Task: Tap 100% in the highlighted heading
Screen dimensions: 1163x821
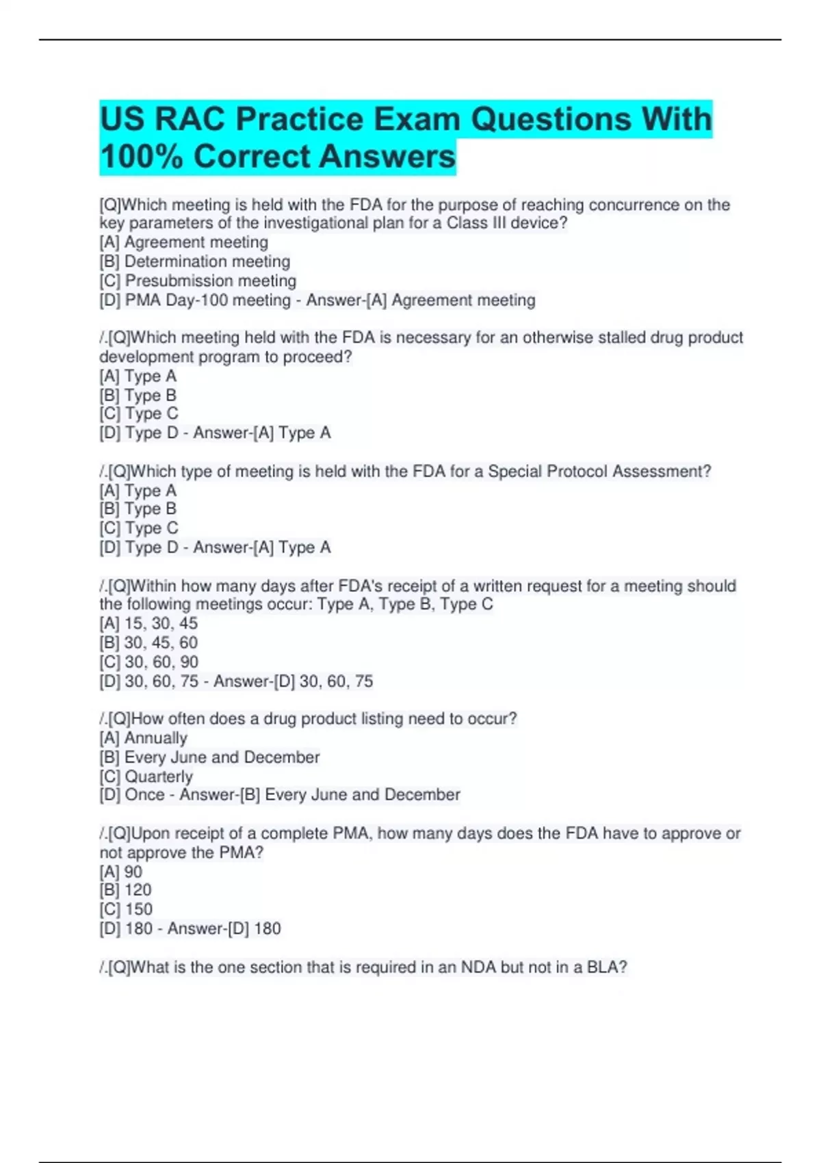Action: (141, 157)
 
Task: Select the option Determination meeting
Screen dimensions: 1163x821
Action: (207, 261)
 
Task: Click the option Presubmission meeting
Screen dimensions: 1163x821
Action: (210, 280)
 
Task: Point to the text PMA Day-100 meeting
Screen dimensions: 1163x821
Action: (207, 300)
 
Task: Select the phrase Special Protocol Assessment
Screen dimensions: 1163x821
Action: (599, 471)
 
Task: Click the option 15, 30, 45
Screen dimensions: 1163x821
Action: (160, 623)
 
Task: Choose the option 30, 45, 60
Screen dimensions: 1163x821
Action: (160, 642)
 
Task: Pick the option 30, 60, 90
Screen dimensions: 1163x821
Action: (161, 662)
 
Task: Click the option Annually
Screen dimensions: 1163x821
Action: (155, 737)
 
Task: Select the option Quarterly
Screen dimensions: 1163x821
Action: (158, 776)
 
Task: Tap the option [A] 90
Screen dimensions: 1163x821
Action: (121, 872)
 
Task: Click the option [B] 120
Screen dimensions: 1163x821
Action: (125, 890)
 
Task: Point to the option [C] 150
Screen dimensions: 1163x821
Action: (126, 909)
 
